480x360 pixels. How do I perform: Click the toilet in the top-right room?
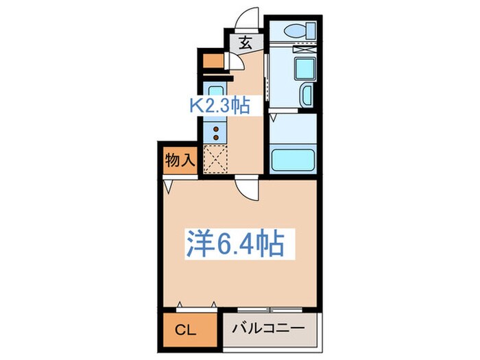click(300, 30)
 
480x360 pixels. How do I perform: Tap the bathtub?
click(293, 159)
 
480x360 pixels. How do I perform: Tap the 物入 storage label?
click(180, 161)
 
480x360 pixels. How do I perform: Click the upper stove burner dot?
click(215, 128)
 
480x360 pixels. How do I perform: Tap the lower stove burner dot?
click(215, 136)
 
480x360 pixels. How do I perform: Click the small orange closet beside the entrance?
click(214, 60)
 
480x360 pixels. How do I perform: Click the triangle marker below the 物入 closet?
click(167, 184)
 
